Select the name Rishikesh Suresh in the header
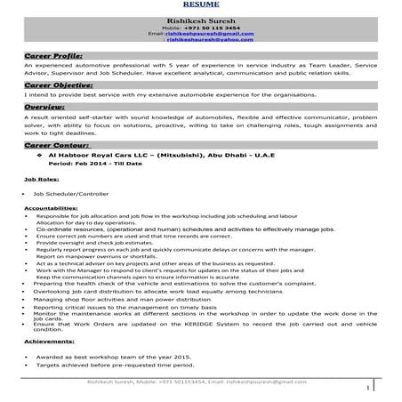point(200,19)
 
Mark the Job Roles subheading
point(35,179)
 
